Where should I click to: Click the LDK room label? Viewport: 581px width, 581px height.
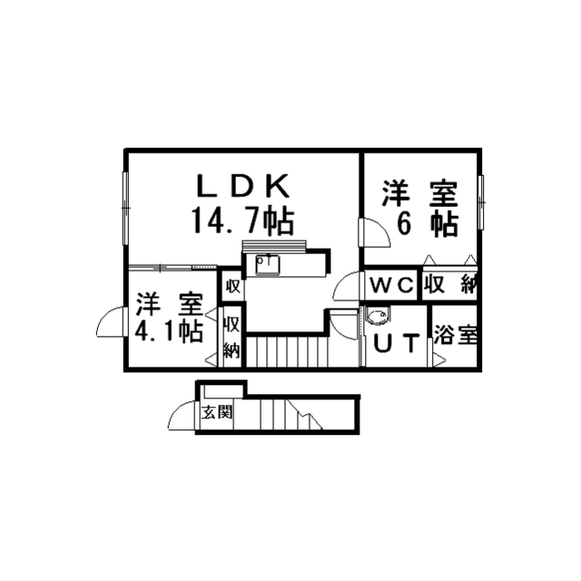coord(243,186)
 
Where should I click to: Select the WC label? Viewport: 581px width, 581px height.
coord(391,285)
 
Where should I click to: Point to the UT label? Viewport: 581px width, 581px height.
coord(397,343)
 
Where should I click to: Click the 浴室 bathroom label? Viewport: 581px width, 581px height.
coord(455,334)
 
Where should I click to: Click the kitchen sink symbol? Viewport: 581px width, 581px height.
coord(270,264)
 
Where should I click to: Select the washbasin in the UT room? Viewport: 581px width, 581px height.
coord(378,317)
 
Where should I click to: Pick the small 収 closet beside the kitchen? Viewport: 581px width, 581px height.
coord(232,286)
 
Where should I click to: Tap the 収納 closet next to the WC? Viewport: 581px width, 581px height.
coord(449,284)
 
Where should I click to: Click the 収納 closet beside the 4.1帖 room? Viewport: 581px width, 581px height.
coord(231,336)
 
